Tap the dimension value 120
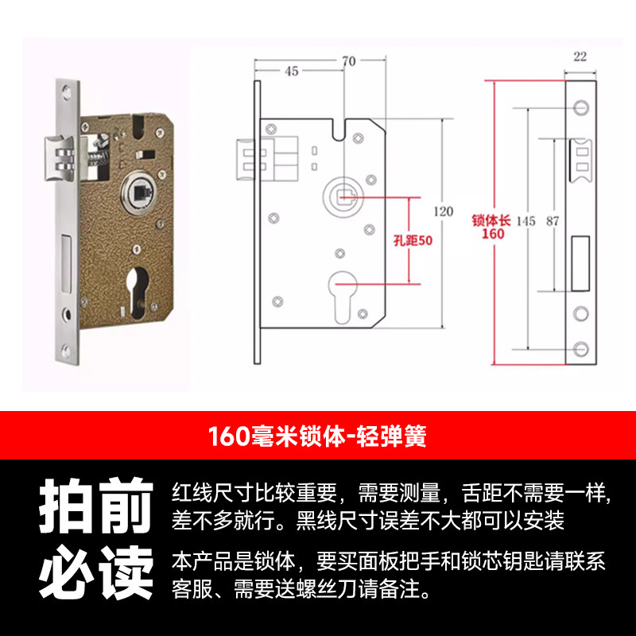[444, 211]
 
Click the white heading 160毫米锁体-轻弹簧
[318, 436]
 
